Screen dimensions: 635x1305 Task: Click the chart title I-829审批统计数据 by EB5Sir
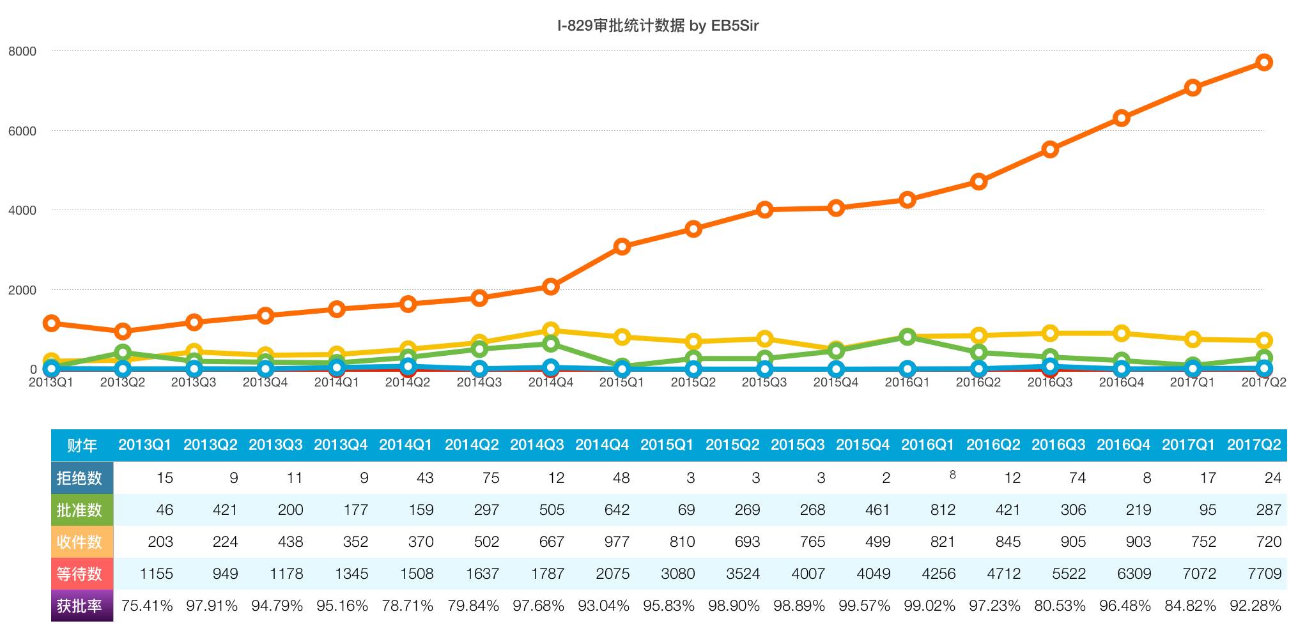[658, 26]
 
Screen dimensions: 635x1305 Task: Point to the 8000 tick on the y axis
[22, 51]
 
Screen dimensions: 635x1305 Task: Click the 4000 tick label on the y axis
[22, 210]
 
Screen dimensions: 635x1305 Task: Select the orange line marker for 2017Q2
[1263, 62]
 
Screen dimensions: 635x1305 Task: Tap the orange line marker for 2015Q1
[622, 247]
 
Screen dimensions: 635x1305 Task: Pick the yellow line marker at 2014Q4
[551, 330]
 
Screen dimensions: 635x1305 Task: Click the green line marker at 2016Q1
[907, 337]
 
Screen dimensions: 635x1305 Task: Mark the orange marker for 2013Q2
[123, 332]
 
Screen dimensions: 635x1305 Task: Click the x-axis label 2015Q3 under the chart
[764, 383]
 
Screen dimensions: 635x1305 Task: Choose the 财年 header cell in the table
[82, 445]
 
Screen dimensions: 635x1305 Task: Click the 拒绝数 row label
[79, 478]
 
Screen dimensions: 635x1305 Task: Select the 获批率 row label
[79, 606]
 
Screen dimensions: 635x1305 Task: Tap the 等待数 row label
[79, 574]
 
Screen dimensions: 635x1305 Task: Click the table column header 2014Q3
[537, 445]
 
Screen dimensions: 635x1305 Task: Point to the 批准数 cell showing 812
[943, 510]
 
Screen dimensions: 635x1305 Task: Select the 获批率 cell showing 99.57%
[864, 606]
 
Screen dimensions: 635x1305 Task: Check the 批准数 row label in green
[79, 510]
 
